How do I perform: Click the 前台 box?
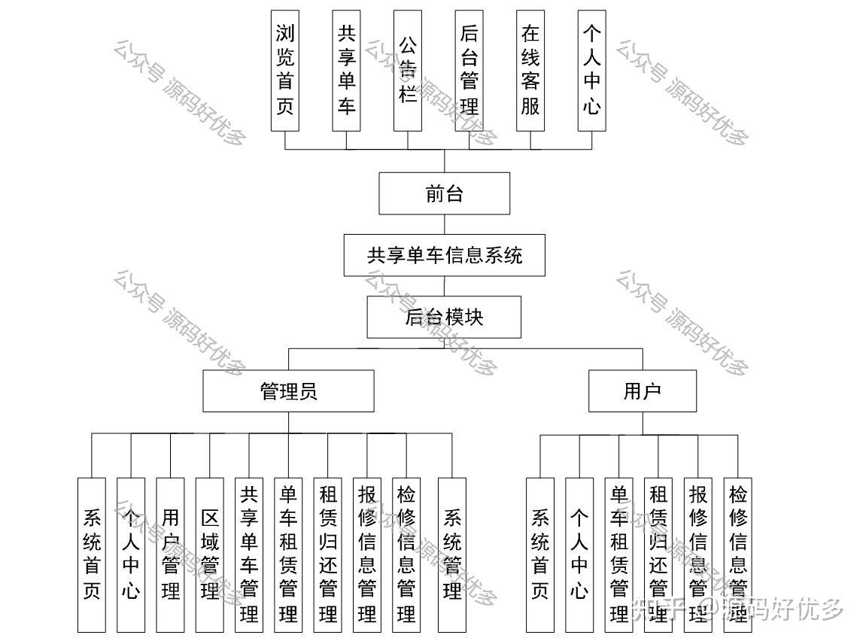[x=444, y=193]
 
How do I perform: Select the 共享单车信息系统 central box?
[x=444, y=255]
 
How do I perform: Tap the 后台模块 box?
[x=444, y=317]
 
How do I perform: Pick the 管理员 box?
[x=288, y=391]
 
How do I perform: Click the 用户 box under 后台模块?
[x=642, y=391]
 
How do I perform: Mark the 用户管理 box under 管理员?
[x=170, y=554]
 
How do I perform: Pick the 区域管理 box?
[x=209, y=554]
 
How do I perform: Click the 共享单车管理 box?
[x=249, y=554]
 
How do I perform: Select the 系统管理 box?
[x=451, y=554]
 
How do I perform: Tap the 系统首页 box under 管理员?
[x=92, y=554]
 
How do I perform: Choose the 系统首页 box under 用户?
[x=540, y=554]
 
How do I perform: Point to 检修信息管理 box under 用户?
[x=737, y=554]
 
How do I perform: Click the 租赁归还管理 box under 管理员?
[x=328, y=554]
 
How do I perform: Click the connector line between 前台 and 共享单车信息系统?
[x=444, y=224]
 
